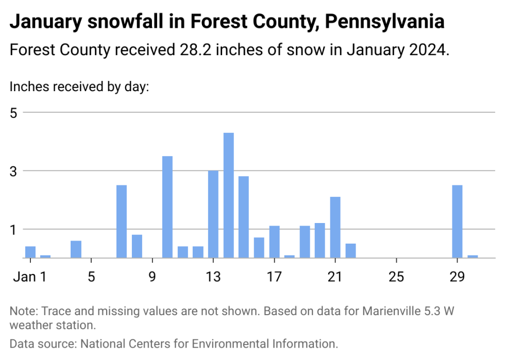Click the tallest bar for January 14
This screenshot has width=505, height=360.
pyautogui.click(x=228, y=195)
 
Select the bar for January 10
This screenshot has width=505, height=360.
pyautogui.click(x=167, y=207)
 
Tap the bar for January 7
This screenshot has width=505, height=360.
pyautogui.click(x=122, y=221)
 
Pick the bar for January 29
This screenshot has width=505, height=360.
pyautogui.click(x=457, y=221)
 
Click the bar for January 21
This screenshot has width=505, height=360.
pyautogui.click(x=335, y=227)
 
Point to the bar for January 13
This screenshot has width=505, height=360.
pyautogui.click(x=213, y=214)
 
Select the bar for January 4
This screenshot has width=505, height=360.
pyautogui.click(x=76, y=249)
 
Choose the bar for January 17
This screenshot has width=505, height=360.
pyautogui.click(x=274, y=242)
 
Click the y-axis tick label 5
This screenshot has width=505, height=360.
pyautogui.click(x=14, y=112)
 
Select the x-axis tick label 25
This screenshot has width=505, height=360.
pyautogui.click(x=396, y=276)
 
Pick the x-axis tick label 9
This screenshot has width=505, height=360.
pyautogui.click(x=153, y=276)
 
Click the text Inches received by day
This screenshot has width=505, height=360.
pyautogui.click(x=79, y=87)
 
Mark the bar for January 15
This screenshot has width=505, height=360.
pyautogui.click(x=244, y=217)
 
